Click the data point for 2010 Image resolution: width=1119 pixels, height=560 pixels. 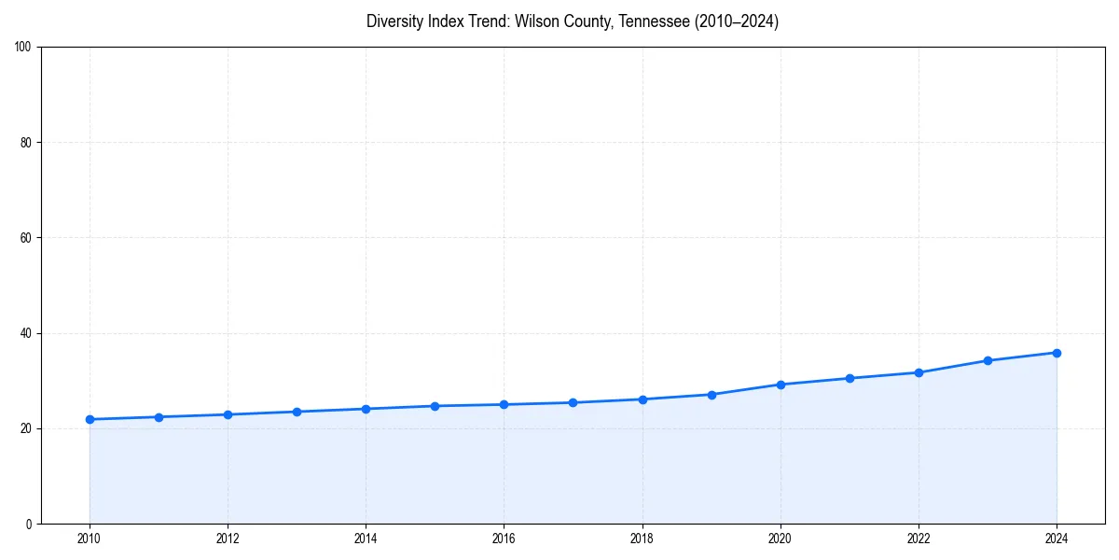tap(90, 419)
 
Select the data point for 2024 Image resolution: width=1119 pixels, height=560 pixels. tap(1057, 353)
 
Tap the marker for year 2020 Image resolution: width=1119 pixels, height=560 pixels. tap(781, 385)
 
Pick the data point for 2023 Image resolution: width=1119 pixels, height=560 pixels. tap(988, 360)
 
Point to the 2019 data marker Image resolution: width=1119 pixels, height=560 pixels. tap(711, 395)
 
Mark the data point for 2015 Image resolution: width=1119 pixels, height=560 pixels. tap(435, 406)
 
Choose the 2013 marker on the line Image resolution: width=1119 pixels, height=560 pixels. tap(297, 412)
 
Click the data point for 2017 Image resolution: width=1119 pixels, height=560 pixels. tap(573, 402)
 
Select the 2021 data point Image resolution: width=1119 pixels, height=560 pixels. tap(850, 378)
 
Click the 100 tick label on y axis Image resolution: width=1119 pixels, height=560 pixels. tap(23, 48)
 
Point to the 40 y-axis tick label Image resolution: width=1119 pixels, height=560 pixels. tap(26, 333)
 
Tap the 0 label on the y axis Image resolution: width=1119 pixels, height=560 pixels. tap(29, 524)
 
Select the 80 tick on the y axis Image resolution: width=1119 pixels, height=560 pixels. tap(26, 143)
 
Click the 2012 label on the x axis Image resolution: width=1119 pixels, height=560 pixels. tap(228, 539)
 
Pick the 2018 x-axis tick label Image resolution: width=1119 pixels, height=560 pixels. tap(642, 539)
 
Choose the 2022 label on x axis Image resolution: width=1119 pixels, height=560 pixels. tap(919, 539)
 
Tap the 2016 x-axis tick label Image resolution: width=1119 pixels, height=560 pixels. tap(504, 539)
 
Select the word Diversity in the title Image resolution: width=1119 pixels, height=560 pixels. tap(395, 21)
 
